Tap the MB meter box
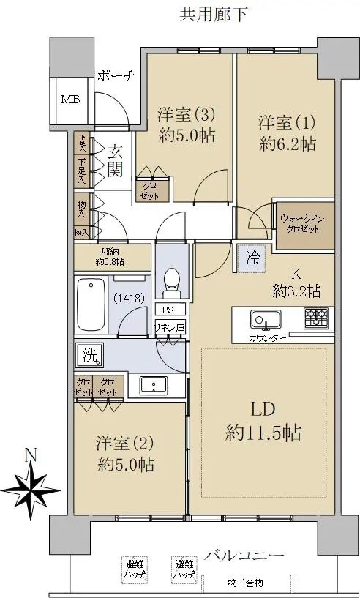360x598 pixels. coord(70,100)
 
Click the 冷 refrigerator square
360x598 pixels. coord(252,258)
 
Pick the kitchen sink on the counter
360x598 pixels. coord(261,321)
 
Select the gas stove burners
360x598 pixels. coord(316,318)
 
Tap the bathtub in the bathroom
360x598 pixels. coord(91,304)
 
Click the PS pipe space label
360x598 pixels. coord(168,310)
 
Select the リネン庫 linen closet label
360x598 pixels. coord(169,328)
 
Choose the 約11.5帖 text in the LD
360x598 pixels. coord(263,433)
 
